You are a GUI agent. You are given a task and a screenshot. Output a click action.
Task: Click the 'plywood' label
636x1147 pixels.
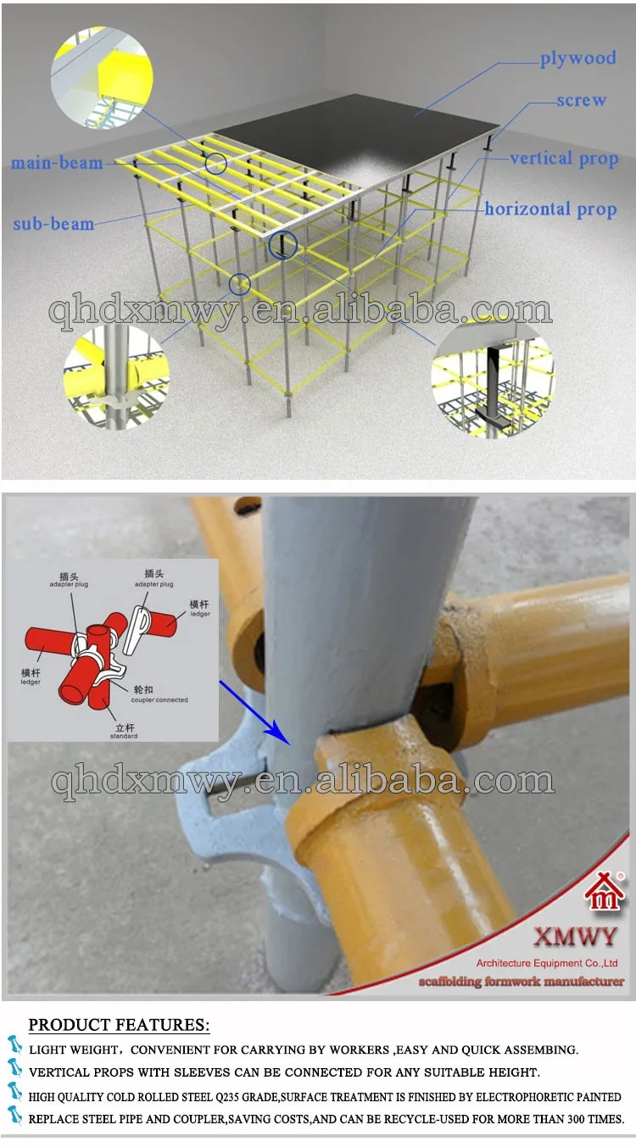pyautogui.click(x=577, y=58)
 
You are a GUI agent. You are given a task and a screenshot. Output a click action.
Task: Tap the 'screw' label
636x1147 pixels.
pyautogui.click(x=581, y=100)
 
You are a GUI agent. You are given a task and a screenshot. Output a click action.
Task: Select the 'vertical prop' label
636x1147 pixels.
pyautogui.click(x=563, y=159)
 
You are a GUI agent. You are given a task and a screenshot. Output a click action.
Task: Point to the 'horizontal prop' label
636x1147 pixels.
pyautogui.click(x=550, y=209)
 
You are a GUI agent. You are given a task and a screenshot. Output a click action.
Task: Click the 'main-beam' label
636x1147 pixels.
pyautogui.click(x=57, y=162)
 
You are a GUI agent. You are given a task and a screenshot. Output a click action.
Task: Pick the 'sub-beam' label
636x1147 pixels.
pyautogui.click(x=53, y=224)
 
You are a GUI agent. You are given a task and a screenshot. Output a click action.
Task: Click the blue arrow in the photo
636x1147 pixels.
pyautogui.click(x=254, y=713)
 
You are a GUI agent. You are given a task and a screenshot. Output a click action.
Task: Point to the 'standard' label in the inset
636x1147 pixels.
pyautogui.click(x=123, y=735)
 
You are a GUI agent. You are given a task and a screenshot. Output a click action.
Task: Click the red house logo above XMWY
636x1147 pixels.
pyautogui.click(x=604, y=894)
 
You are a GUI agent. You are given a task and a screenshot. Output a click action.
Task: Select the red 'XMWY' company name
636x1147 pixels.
pyautogui.click(x=575, y=936)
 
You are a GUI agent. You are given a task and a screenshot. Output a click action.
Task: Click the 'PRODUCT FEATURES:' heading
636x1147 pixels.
pyautogui.click(x=119, y=1025)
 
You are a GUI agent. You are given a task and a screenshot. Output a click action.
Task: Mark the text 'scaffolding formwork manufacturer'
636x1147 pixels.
pyautogui.click(x=521, y=982)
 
